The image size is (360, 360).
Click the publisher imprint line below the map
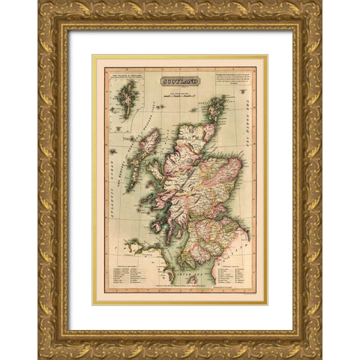[180, 289]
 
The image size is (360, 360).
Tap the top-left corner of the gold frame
[46, 10]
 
